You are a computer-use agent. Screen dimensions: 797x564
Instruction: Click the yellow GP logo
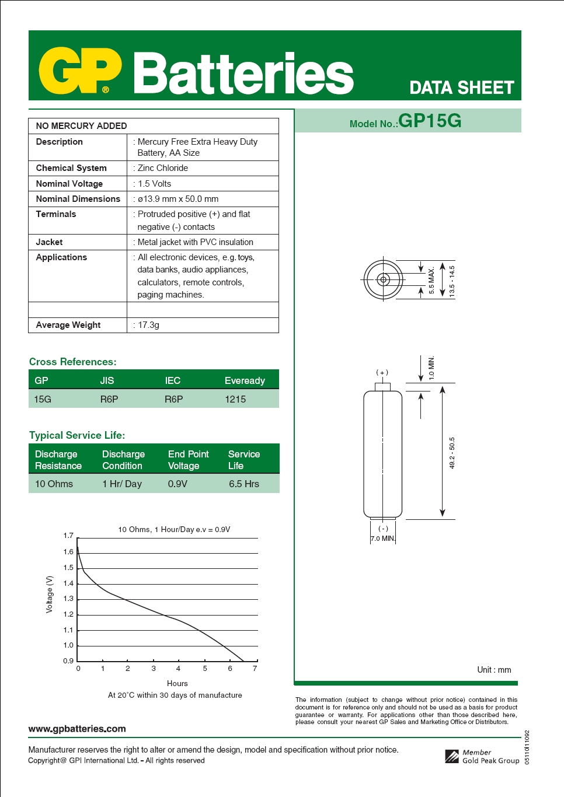coord(80,71)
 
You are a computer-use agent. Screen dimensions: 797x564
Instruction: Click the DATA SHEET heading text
coord(461,88)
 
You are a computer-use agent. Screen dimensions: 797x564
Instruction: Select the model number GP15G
coord(430,121)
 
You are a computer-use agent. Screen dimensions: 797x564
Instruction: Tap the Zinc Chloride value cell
coord(163,168)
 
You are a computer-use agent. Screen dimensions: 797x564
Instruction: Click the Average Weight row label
coord(68,325)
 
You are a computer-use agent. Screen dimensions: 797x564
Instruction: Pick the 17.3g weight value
coord(148,325)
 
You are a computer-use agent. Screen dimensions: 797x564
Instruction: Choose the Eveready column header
coord(245,380)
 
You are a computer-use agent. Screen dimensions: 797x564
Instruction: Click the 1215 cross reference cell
coord(235,399)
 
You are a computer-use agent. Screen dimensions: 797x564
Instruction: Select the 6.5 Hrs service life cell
coord(244,484)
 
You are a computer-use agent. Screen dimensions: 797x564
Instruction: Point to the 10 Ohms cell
coord(54,484)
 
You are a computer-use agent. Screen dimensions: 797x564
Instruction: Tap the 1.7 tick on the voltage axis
coord(68,536)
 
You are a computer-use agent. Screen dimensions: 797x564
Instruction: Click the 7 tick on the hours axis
coord(255,669)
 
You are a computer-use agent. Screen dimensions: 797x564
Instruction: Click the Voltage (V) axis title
coord(50,594)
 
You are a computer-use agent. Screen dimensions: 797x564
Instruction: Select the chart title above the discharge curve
coord(174,529)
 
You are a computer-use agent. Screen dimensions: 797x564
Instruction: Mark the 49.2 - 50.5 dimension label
coord(452,452)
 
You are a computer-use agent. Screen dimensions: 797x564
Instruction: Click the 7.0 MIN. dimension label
coord(382,539)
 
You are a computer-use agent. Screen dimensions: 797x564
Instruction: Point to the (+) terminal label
coord(382,372)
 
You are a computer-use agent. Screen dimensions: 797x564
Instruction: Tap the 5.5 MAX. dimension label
coord(431,280)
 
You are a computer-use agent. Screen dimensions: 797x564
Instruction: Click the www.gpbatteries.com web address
coord(77,729)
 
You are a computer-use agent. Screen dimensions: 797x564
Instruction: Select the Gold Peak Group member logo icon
coord(452,757)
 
